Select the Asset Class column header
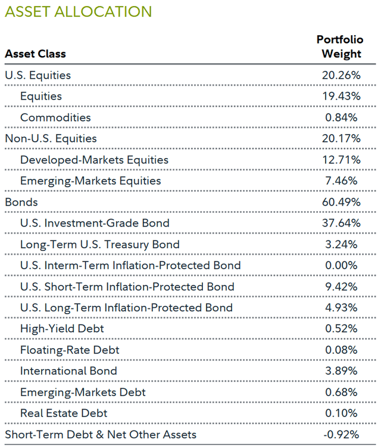pos(35,54)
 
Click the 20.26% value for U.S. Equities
pos(341,75)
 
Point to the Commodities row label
pos(55,117)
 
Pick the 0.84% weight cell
pos(341,117)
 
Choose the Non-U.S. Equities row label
pos(50,138)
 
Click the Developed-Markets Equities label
pos(94,160)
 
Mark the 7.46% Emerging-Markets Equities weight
pos(341,181)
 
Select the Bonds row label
pos(21,202)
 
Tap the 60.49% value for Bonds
pos(341,202)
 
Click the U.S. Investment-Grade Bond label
pos(95,223)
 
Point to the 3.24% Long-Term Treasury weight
pos(341,244)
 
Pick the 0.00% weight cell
pos(341,265)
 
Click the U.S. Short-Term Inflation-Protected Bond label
pos(127,287)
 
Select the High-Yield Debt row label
pos(62,329)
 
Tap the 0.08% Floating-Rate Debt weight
pos(341,350)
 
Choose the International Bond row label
pos(68,371)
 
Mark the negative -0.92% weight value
pos(340,435)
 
